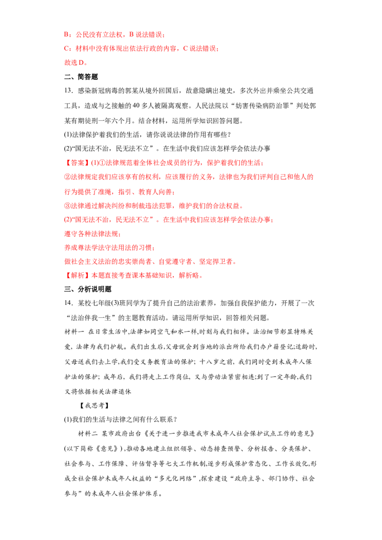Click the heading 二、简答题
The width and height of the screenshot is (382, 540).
(81, 77)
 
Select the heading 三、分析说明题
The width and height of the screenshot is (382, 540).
(88, 289)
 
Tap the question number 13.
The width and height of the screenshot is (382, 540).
(68, 91)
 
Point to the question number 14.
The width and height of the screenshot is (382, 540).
(68, 303)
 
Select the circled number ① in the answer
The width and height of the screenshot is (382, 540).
(102, 163)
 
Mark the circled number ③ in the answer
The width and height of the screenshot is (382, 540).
(68, 206)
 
